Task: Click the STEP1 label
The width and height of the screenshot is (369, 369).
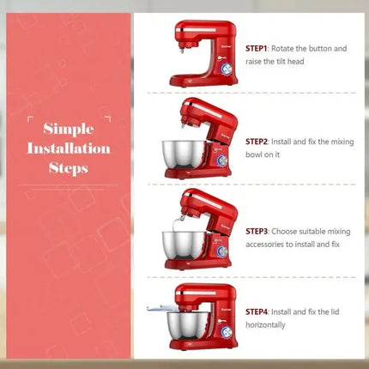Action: pyautogui.click(x=257, y=49)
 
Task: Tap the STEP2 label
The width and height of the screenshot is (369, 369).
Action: pyautogui.click(x=257, y=142)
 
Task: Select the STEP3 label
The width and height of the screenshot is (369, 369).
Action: pyautogui.click(x=257, y=231)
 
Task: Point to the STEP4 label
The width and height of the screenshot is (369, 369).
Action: pyautogui.click(x=257, y=312)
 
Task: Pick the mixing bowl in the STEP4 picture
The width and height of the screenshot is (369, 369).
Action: pyautogui.click(x=182, y=328)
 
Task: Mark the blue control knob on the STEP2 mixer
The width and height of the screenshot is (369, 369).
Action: pyautogui.click(x=219, y=160)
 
